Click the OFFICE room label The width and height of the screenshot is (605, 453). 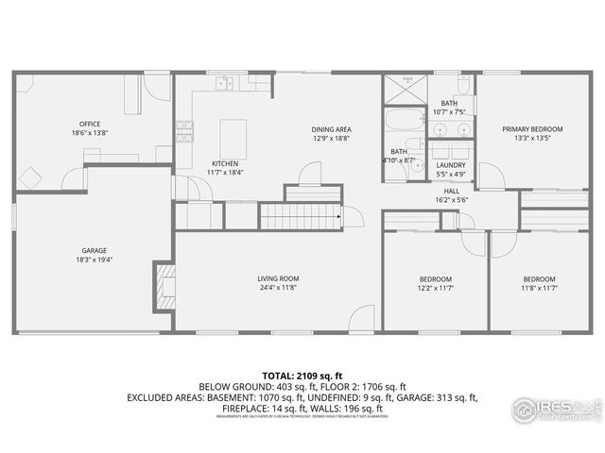[90, 124]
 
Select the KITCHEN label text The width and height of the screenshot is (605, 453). [225, 163]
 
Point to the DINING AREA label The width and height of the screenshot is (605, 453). [331, 129]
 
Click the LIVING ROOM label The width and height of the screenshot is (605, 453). [278, 278]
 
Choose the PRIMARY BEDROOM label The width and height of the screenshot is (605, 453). [532, 129]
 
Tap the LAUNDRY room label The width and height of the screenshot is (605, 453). [451, 165]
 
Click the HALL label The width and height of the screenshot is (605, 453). [452, 191]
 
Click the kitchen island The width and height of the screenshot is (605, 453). [233, 138]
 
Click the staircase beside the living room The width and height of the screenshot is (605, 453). [300, 218]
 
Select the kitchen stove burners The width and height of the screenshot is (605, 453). [183, 130]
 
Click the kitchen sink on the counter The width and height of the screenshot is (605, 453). [224, 84]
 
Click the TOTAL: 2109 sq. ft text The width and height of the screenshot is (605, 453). [302, 375]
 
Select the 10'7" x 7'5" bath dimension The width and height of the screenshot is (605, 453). [450, 111]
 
